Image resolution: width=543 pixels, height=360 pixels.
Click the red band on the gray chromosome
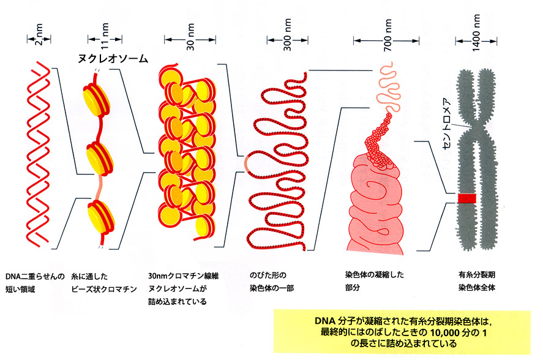[467, 198]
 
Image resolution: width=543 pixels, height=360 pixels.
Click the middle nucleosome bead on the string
[98, 157]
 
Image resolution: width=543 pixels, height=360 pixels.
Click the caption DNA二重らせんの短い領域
[35, 282]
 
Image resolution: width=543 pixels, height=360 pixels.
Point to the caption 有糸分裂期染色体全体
[479, 282]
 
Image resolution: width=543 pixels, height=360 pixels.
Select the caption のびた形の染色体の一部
[272, 282]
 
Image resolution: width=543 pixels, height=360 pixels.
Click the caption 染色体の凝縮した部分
[375, 282]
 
